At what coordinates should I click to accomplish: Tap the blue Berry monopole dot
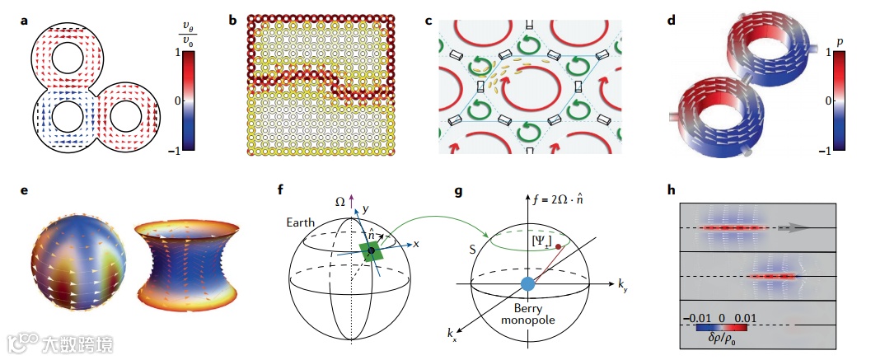528,285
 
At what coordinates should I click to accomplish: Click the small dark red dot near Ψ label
560,245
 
